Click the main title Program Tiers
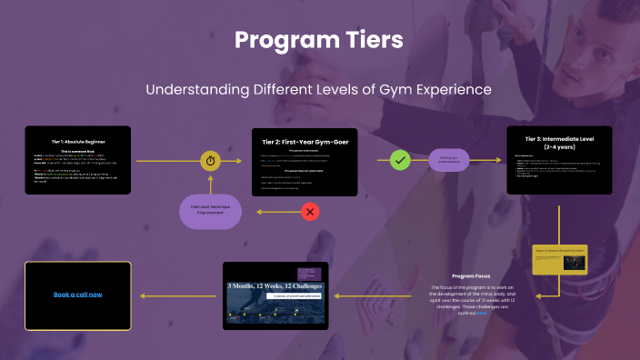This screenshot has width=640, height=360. pos(319,41)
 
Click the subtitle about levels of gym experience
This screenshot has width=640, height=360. pos(319,90)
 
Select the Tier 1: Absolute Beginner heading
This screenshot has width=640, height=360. pos(77,142)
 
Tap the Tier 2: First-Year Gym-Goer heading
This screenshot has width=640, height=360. pos(303,142)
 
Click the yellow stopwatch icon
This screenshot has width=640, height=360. pos(210,160)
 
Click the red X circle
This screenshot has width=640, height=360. pos(310,212)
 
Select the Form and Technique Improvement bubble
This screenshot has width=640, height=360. pos(210,211)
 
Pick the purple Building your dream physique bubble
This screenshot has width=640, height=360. pos(449,160)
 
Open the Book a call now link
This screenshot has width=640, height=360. pos(77,295)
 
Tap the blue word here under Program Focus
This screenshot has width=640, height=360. pos(482,313)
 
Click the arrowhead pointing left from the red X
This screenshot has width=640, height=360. pos(257,212)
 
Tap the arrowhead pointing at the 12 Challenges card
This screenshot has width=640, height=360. pos(334,295)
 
